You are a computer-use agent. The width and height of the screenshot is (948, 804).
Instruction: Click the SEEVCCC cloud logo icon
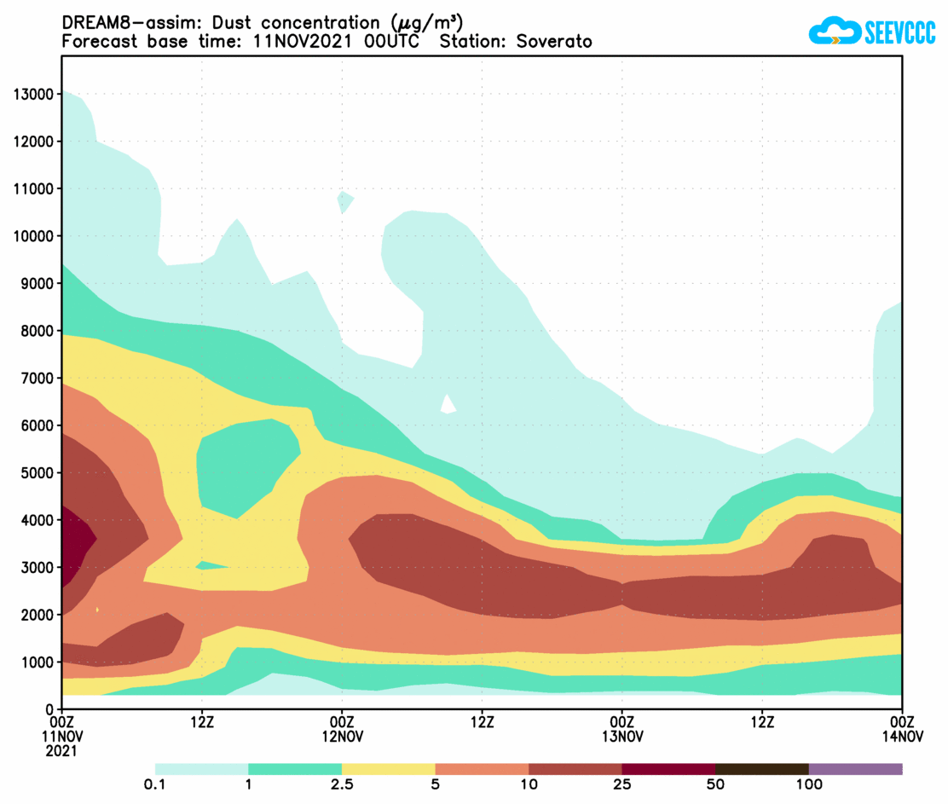834,32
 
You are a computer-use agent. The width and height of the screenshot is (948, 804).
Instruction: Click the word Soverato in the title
554,41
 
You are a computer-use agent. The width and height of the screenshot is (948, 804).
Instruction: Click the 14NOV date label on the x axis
902,737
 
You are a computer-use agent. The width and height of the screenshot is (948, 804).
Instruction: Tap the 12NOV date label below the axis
342,737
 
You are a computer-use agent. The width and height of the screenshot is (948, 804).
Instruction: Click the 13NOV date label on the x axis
622,737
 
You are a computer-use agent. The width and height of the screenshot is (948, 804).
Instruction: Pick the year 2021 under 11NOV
61,751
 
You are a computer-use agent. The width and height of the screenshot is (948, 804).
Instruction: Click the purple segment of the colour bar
855,769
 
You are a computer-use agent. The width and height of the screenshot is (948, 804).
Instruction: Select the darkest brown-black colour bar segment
761,769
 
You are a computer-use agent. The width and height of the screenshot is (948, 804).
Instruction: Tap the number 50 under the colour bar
714,784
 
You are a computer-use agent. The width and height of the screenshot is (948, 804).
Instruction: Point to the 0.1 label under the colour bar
155,784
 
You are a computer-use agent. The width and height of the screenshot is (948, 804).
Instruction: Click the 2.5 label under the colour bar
341,784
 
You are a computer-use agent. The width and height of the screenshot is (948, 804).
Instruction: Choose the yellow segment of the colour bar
388,769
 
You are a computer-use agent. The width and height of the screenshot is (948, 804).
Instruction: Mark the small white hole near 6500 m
448,404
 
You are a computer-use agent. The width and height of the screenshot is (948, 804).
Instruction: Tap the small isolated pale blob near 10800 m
344,201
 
